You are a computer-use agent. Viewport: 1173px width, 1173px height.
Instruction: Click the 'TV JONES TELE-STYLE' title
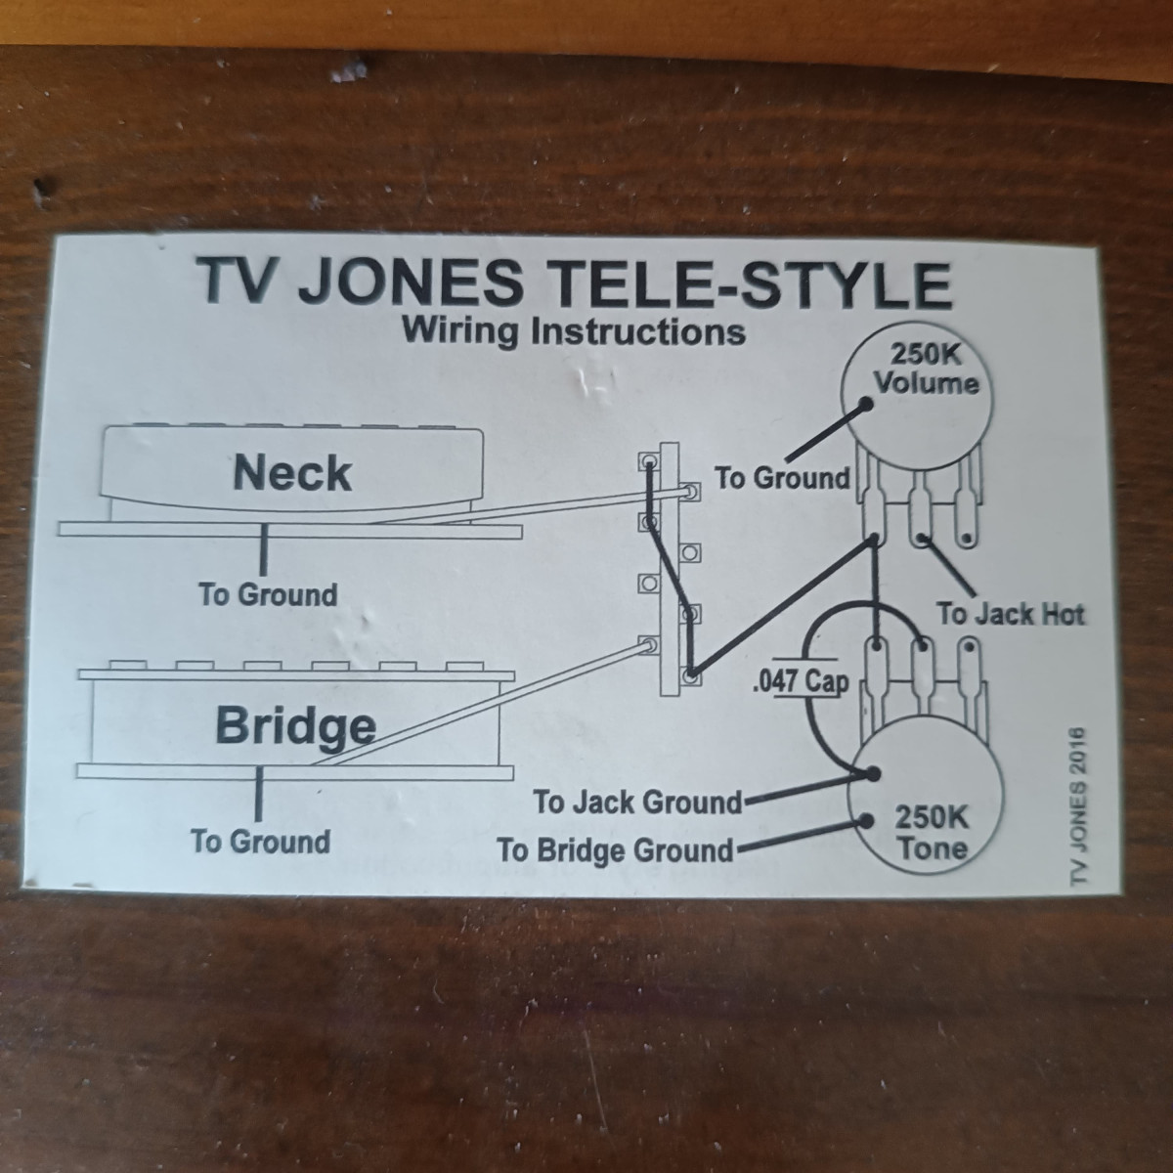click(575, 282)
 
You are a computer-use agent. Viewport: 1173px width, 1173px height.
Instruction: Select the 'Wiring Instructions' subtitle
click(574, 331)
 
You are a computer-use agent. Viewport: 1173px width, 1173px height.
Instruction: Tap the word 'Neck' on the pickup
click(292, 473)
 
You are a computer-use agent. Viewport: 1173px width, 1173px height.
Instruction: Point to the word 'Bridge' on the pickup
click(295, 725)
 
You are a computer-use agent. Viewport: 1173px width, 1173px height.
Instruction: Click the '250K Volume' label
click(926, 369)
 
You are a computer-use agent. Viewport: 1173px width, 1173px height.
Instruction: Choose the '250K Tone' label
click(933, 833)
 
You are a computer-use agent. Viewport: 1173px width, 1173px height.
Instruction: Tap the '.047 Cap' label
click(799, 681)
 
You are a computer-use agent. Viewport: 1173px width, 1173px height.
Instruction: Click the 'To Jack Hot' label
click(1011, 614)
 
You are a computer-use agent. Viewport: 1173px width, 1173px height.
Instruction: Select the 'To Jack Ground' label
click(637, 803)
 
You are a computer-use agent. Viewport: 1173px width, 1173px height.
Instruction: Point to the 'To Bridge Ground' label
click(615, 849)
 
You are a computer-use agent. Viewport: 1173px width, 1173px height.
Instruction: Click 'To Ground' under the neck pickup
click(267, 594)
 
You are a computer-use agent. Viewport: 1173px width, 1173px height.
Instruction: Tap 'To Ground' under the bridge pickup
click(260, 842)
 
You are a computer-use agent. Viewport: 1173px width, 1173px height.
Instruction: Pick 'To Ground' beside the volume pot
click(782, 478)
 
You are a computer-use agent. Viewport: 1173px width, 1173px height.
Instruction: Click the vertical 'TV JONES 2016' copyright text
click(1079, 807)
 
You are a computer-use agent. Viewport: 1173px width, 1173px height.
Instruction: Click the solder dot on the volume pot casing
click(866, 405)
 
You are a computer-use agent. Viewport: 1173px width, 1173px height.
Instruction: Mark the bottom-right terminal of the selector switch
click(692, 675)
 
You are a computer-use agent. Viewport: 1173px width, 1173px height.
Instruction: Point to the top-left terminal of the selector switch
click(647, 458)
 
